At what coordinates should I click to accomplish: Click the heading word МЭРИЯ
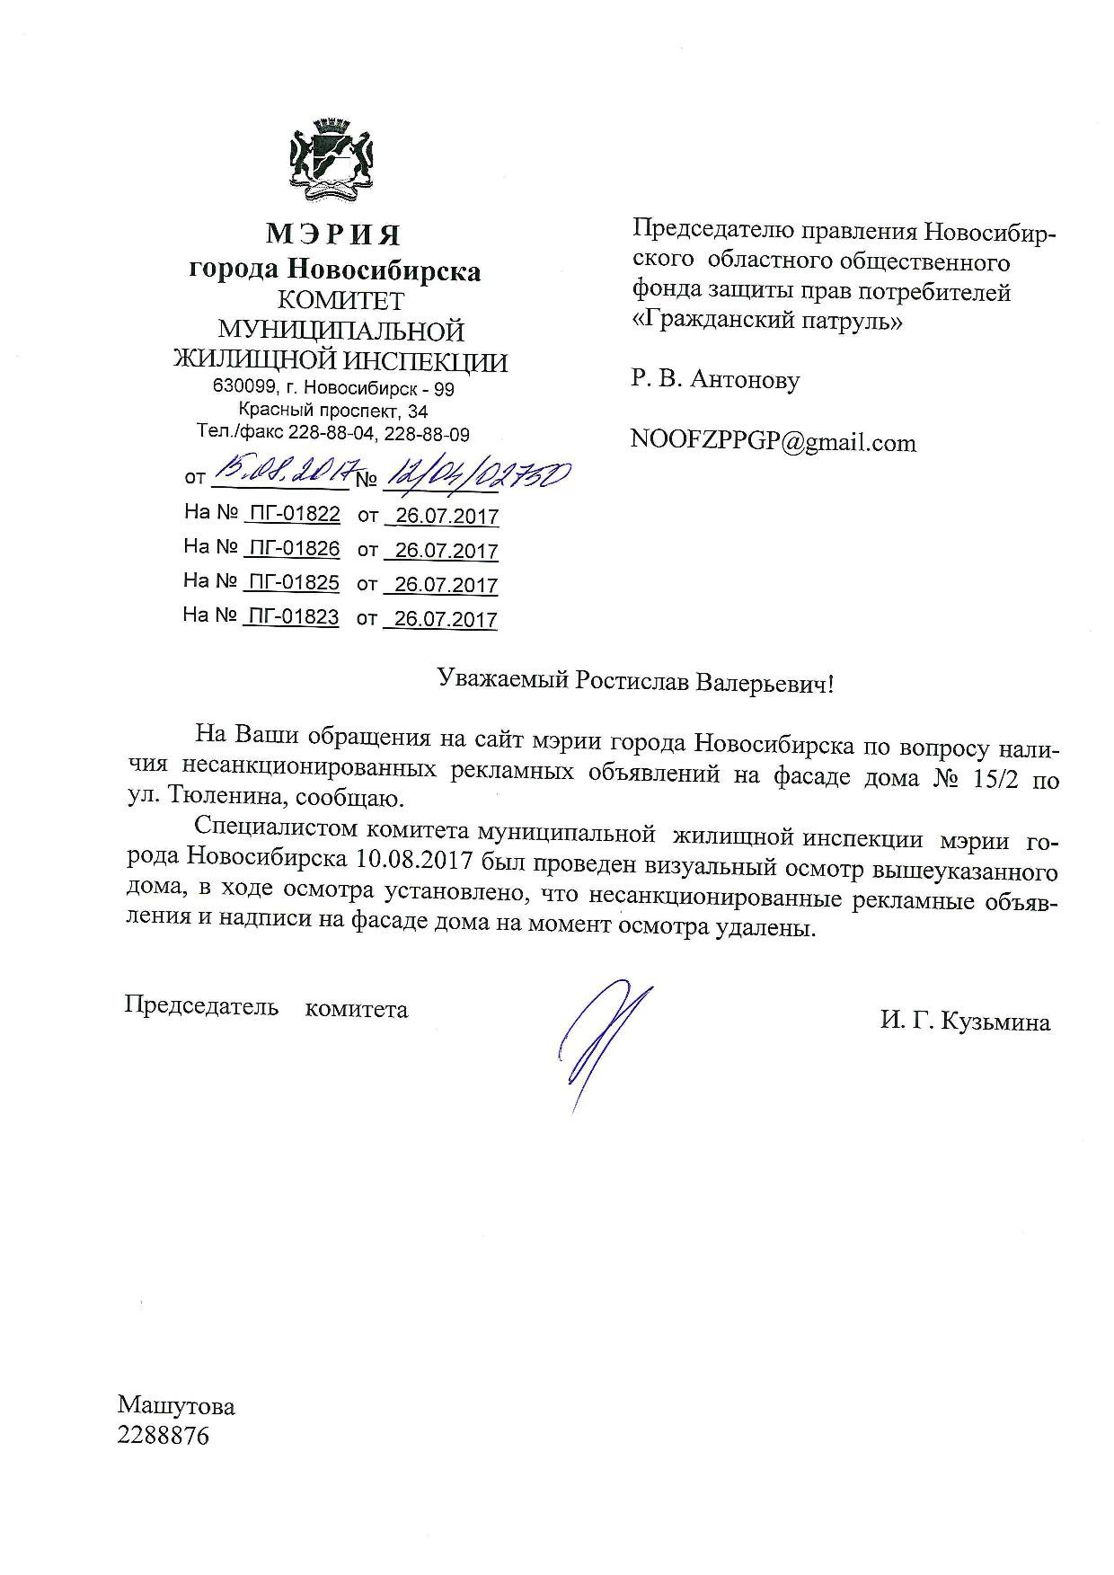click(333, 235)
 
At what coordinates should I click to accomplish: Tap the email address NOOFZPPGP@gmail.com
click(774, 442)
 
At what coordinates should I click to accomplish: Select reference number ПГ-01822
click(293, 514)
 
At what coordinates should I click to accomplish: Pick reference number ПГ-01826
click(293, 548)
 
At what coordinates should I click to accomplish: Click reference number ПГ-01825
click(293, 582)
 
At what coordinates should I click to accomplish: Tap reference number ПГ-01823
click(293, 616)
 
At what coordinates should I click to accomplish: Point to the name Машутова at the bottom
click(176, 1405)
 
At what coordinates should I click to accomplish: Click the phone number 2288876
click(163, 1436)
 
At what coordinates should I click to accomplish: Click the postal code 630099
click(242, 388)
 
